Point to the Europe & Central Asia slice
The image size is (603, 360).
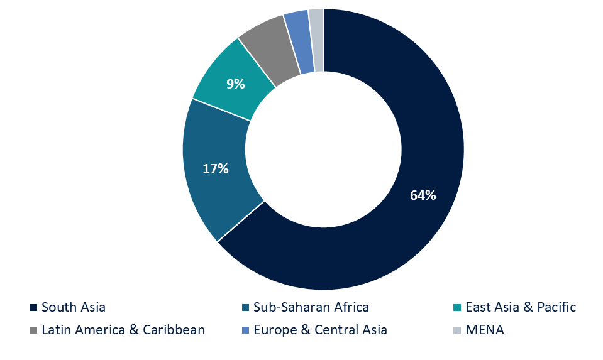coord(298,41)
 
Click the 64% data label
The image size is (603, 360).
coord(423,195)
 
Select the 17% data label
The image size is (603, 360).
coord(215,168)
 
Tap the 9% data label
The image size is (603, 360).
coord(236,83)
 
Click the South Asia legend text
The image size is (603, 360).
coord(74,308)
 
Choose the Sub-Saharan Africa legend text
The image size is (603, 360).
coord(311,308)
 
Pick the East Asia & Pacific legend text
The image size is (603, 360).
coord(521,308)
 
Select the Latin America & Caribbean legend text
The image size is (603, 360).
coord(123,330)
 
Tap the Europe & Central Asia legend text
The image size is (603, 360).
coord(320,330)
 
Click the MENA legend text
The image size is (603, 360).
coord(485,330)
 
